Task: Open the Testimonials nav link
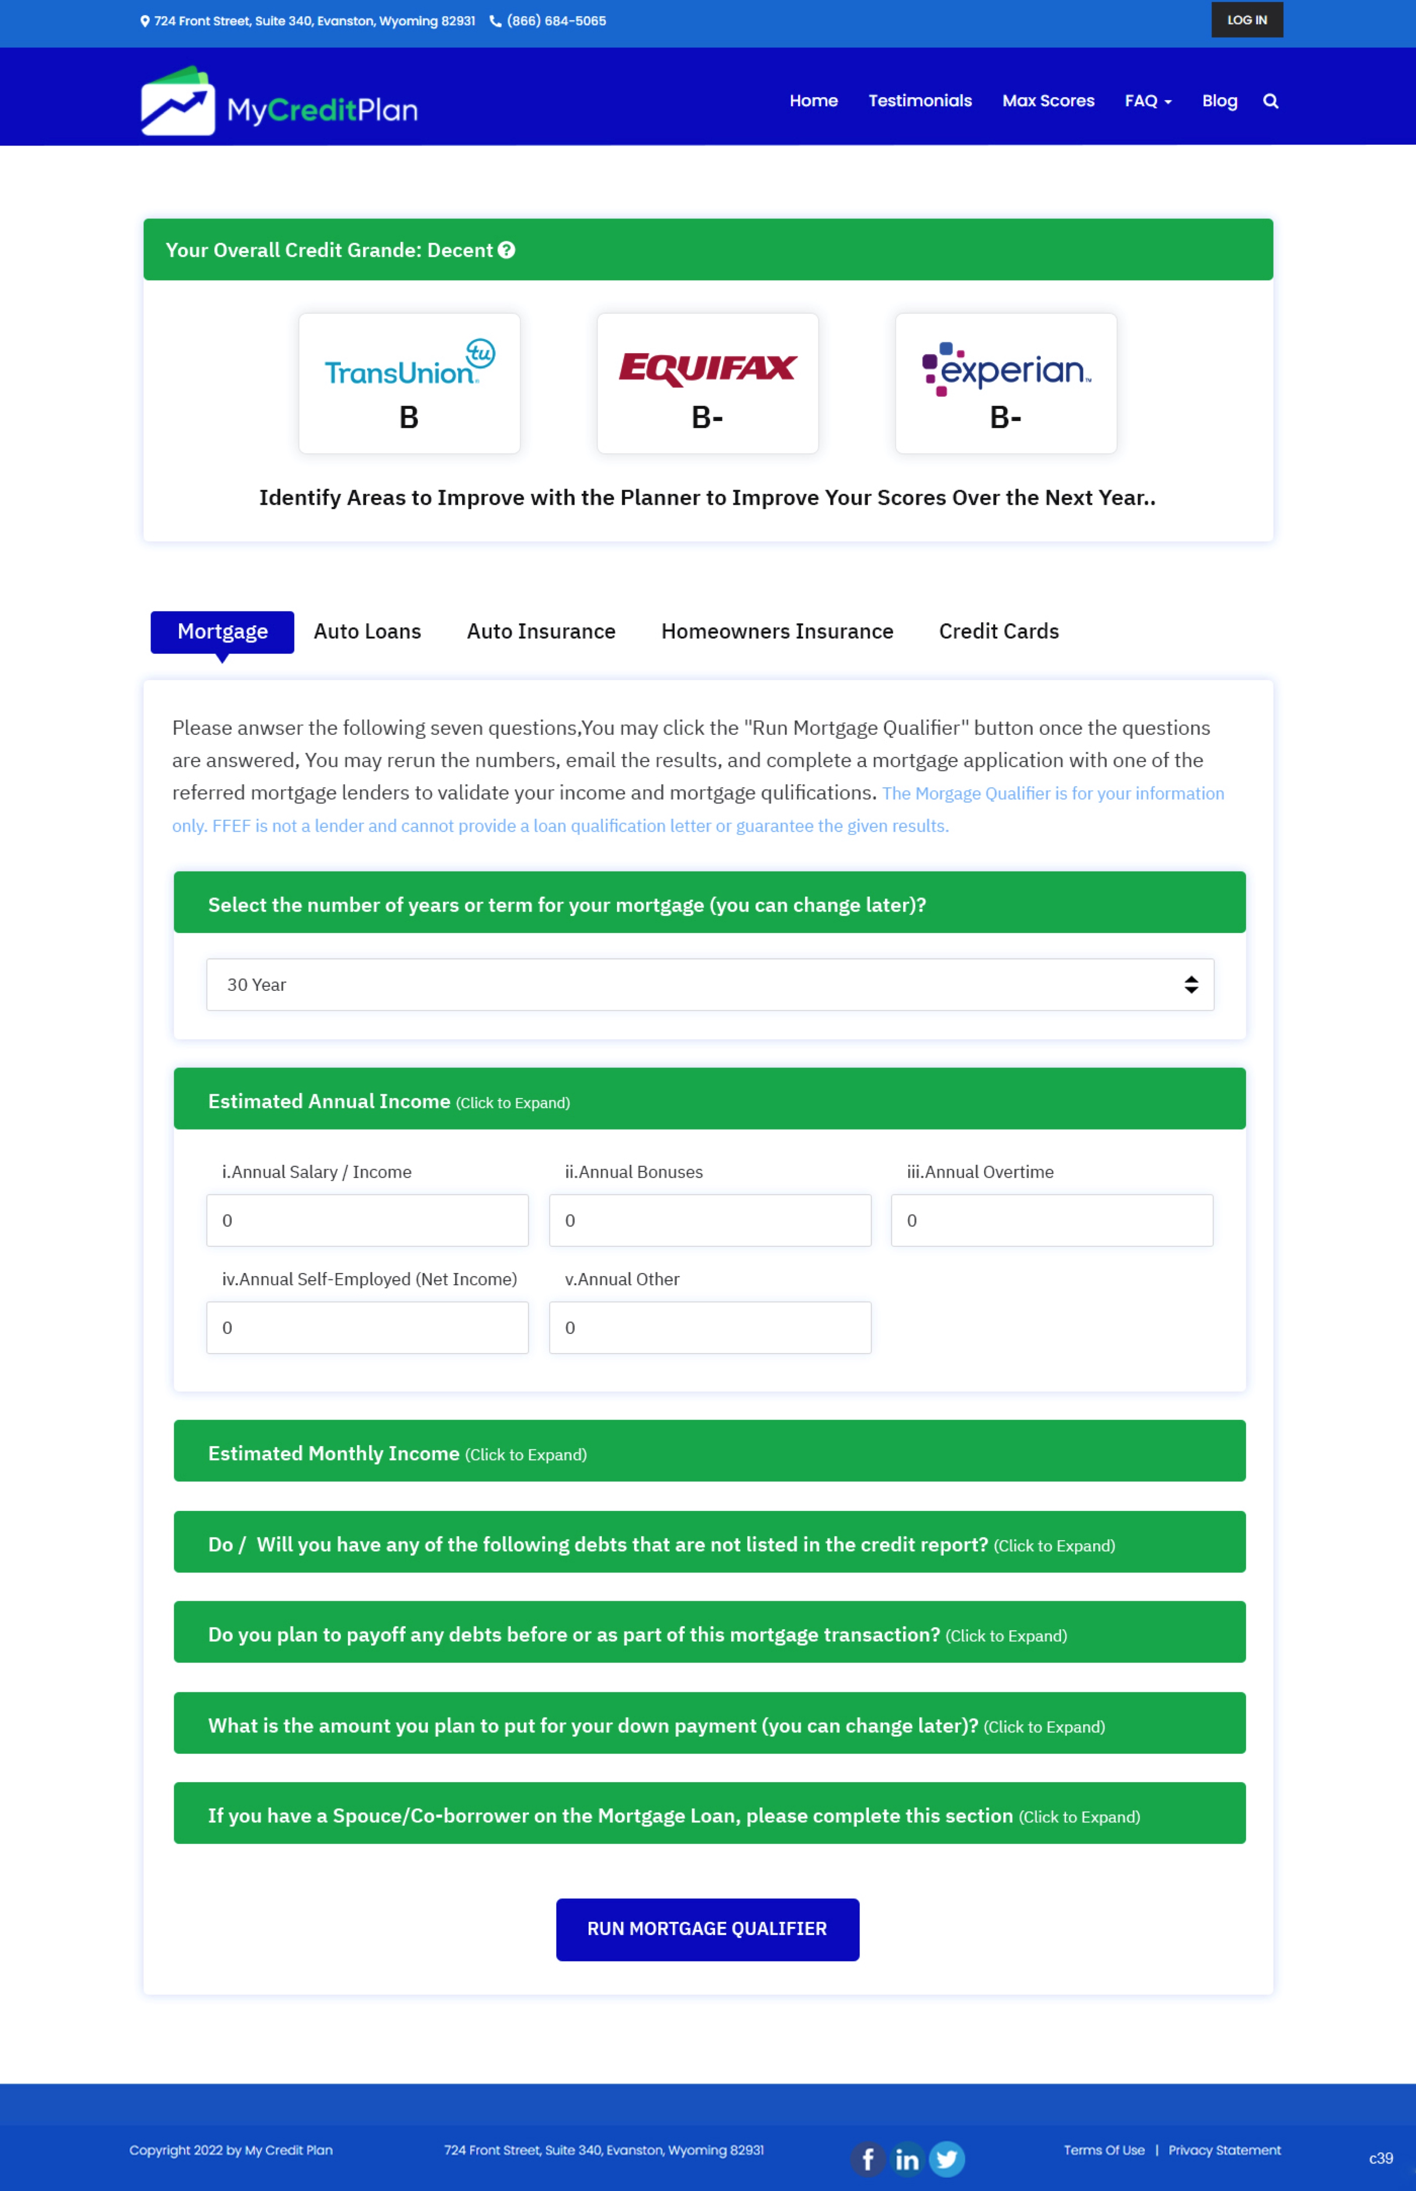click(919, 101)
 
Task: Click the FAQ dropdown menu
click(1148, 101)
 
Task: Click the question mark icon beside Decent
click(507, 250)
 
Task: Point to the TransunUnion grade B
click(409, 418)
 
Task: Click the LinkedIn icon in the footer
click(907, 2159)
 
